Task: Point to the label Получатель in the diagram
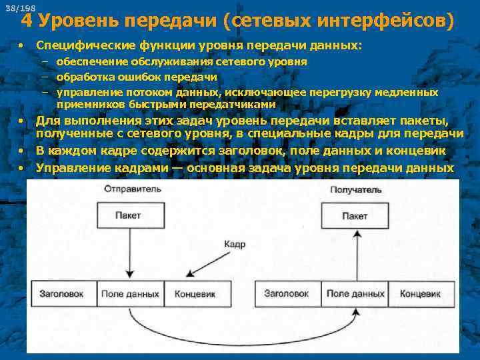click(x=356, y=190)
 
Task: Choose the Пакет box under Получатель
click(x=355, y=216)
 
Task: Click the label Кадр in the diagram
click(x=235, y=245)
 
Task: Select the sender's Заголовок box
click(x=61, y=294)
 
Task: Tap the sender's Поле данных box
click(x=130, y=294)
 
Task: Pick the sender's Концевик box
click(x=194, y=294)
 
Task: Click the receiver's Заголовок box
click(x=287, y=294)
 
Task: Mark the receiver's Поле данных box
click(x=355, y=294)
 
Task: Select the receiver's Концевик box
click(x=419, y=294)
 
